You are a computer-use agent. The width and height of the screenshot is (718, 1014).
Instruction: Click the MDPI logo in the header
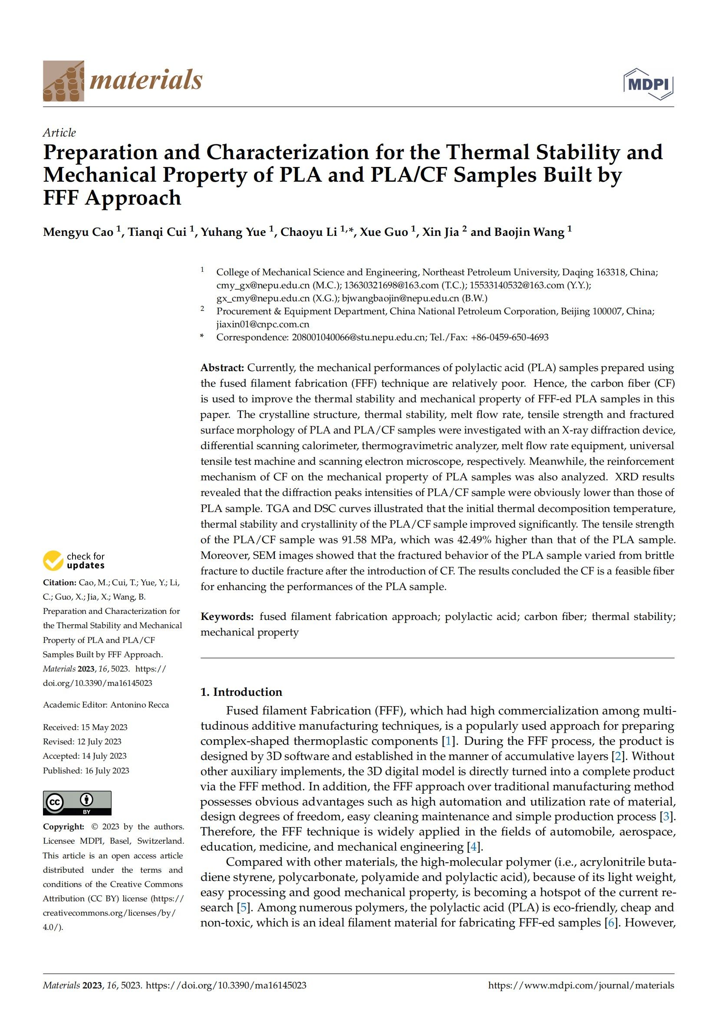tap(648, 84)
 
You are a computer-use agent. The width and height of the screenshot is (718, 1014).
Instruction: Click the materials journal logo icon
tap(63, 81)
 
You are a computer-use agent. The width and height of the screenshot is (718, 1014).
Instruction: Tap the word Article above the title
tap(59, 133)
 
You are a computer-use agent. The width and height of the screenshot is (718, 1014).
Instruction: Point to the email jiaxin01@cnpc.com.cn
tap(263, 324)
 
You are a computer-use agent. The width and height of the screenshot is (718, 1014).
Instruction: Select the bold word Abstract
tap(222, 368)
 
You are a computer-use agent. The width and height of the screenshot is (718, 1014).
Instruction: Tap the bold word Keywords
tap(227, 616)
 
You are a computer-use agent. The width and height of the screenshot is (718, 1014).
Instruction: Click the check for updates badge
tap(74, 561)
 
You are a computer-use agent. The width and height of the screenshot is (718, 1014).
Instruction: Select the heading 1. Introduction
tap(241, 692)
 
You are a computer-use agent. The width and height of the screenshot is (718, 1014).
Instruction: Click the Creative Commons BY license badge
tap(77, 803)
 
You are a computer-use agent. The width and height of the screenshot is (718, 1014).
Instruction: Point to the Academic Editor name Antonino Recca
tap(139, 705)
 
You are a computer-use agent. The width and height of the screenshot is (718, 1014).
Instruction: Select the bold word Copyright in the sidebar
tap(63, 827)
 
